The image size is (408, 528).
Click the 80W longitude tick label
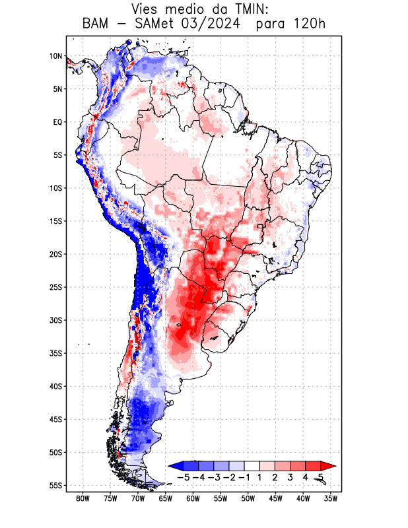point(83,498)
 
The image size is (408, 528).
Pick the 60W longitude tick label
point(193,498)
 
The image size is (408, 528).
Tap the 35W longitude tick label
point(331,498)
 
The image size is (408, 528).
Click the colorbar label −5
point(184,477)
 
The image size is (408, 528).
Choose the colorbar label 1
point(260,477)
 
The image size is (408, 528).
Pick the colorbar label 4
point(306,477)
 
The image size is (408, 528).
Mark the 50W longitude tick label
point(248,498)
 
